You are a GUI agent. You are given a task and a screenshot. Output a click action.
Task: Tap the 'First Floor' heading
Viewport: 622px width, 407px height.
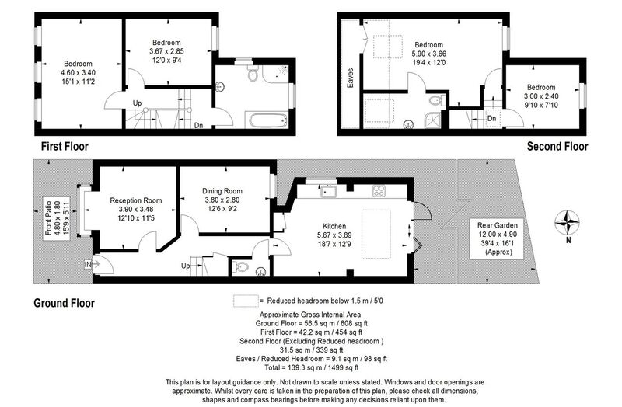pos(65,146)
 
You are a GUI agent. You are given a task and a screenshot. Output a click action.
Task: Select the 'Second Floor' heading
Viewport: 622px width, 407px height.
pos(557,146)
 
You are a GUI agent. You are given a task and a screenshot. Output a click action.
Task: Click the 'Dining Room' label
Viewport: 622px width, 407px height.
pos(222,191)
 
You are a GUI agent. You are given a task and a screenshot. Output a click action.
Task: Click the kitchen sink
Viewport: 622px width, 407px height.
pos(327,190)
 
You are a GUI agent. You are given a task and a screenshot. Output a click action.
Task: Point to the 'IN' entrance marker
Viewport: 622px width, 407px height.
pos(88,266)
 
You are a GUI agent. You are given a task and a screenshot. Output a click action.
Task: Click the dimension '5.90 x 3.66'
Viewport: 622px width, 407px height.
pos(428,54)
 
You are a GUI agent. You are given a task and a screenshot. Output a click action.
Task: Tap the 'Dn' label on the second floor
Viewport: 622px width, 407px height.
pos(491,118)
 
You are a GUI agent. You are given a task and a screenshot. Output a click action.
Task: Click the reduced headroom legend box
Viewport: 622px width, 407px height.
pos(246,300)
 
